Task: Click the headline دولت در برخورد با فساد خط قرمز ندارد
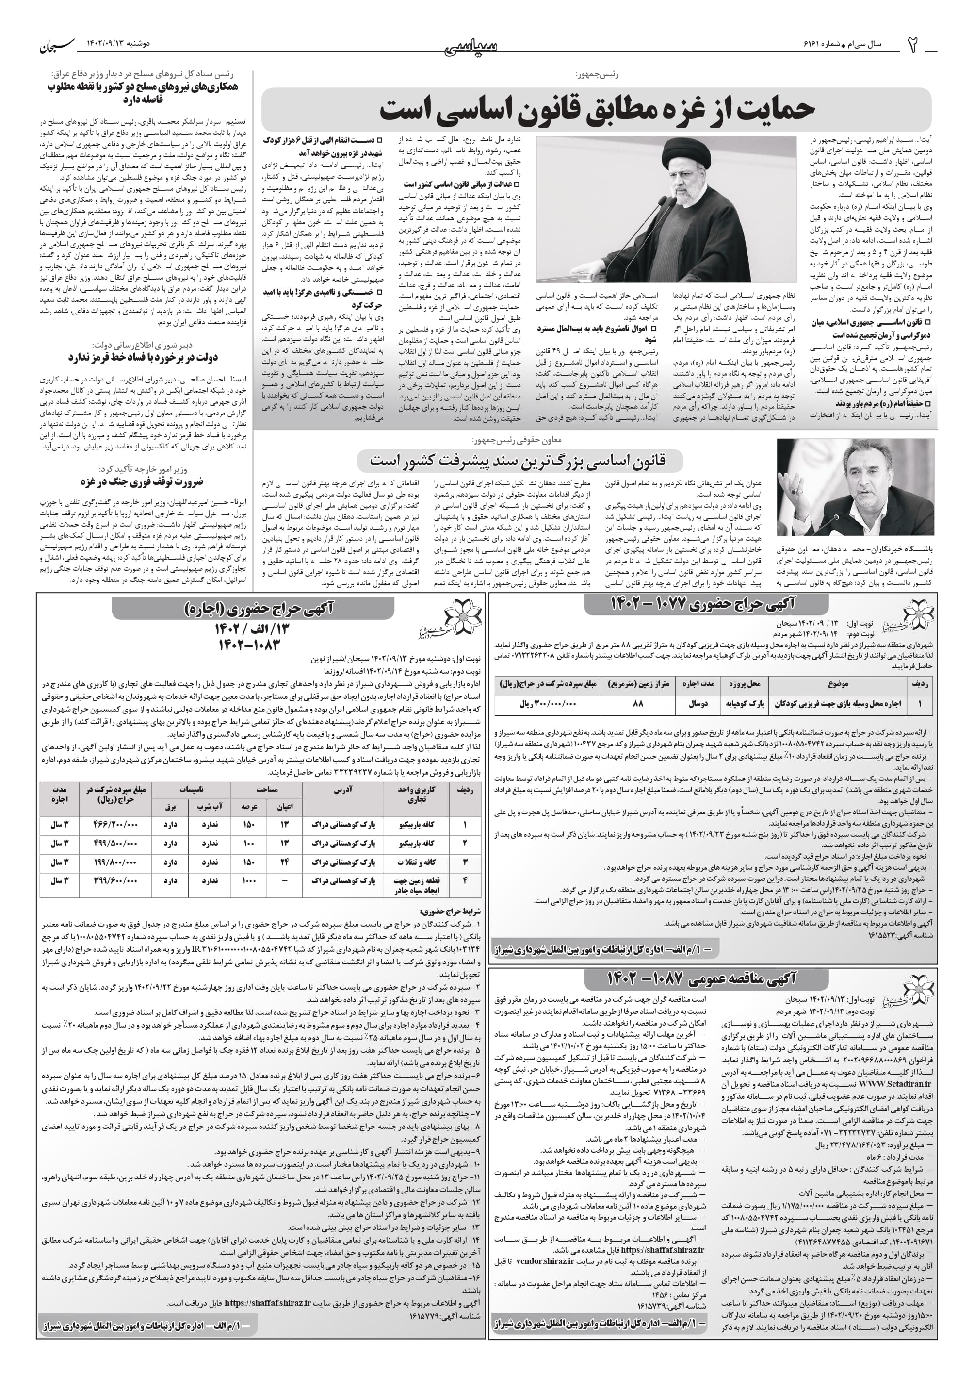[143, 357]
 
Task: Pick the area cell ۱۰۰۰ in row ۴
[249, 881]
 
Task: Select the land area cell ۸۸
[637, 704]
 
